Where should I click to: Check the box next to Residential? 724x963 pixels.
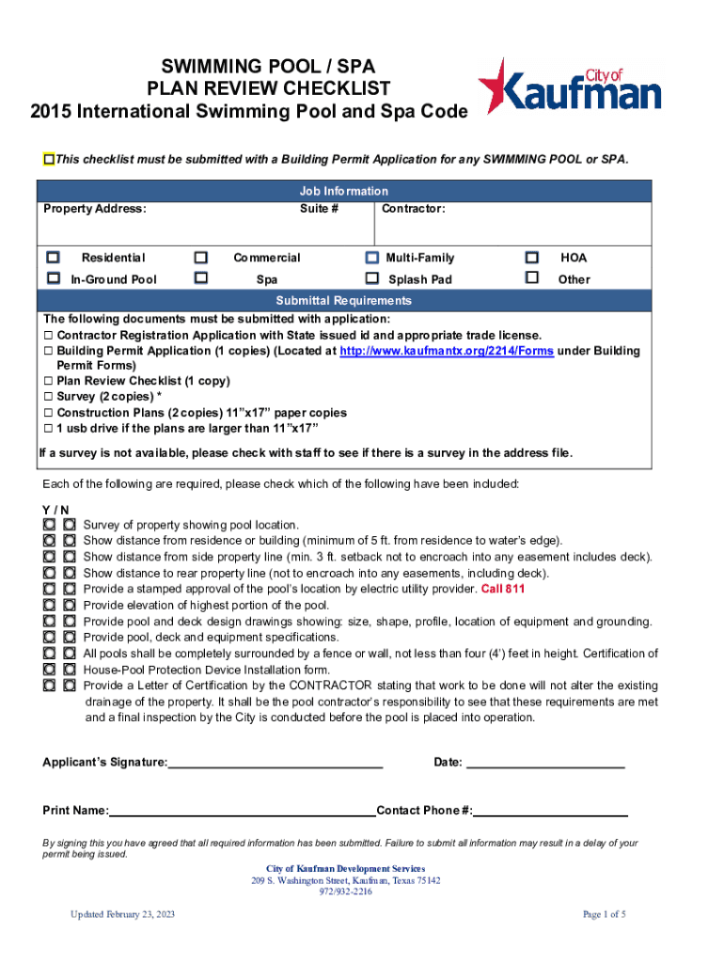coord(54,257)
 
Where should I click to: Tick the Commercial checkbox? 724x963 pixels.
coord(200,257)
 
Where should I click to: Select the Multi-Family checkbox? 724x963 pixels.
coord(371,257)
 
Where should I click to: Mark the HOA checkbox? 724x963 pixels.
coord(532,257)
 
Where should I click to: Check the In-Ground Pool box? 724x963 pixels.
coord(54,277)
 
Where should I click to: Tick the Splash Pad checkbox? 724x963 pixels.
coord(371,278)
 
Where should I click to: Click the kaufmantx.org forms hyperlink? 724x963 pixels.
coord(446,351)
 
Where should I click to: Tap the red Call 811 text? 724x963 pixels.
coord(503,590)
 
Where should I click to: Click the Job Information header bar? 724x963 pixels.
coord(343,191)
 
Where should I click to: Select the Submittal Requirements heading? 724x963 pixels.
coord(343,301)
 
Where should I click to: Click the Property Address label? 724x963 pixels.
coord(95,209)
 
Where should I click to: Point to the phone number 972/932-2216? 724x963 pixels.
coord(345,892)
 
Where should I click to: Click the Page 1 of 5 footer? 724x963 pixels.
coord(604,915)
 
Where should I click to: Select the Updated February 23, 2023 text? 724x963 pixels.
coord(123,915)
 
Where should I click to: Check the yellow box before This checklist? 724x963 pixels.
coord(49,159)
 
